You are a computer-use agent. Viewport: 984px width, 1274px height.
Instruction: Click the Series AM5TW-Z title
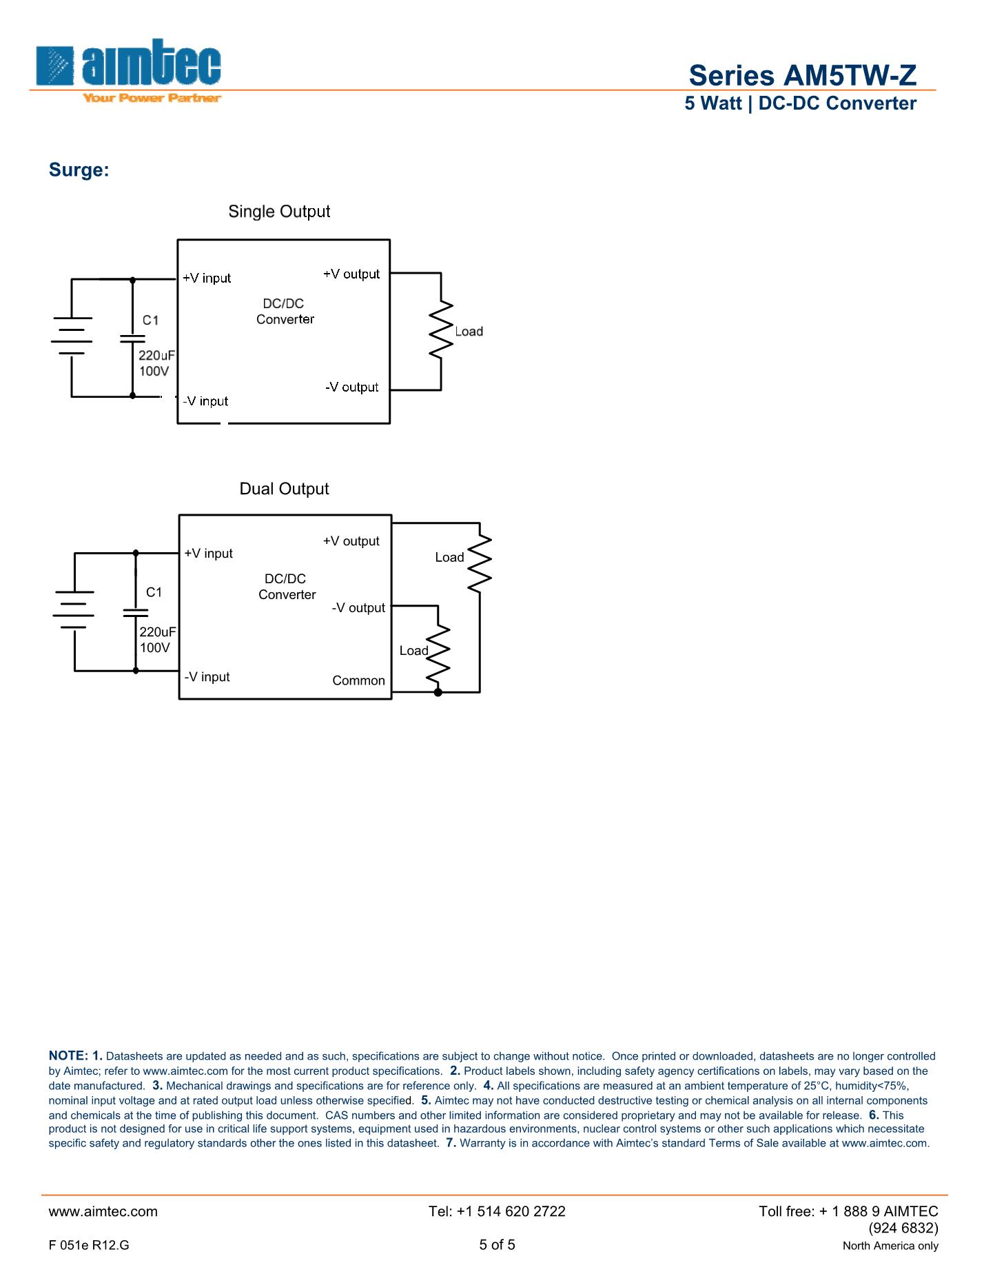(802, 75)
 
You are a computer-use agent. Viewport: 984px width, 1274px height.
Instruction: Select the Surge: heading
(79, 170)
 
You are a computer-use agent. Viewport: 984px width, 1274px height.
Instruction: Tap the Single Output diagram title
(279, 212)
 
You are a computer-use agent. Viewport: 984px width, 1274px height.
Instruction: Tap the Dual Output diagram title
(284, 489)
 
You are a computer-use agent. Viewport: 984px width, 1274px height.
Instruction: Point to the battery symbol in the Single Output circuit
(72, 336)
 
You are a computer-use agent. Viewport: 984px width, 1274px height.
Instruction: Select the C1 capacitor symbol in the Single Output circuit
(132, 338)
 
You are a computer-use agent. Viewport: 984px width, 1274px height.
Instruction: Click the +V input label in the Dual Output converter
(208, 554)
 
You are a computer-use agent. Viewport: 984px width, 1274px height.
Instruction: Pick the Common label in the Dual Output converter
(358, 680)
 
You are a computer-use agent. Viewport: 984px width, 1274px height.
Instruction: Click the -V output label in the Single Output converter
(351, 387)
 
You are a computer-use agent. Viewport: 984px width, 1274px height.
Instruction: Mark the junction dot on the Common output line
(438, 691)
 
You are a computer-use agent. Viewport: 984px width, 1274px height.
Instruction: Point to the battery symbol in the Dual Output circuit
(74, 610)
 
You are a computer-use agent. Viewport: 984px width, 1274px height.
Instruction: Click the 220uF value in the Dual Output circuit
(158, 632)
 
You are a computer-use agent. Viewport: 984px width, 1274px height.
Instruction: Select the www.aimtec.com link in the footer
(103, 1211)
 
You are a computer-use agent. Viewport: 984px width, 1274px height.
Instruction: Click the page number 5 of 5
(497, 1244)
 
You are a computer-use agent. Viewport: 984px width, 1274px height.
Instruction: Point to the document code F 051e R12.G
(89, 1245)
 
